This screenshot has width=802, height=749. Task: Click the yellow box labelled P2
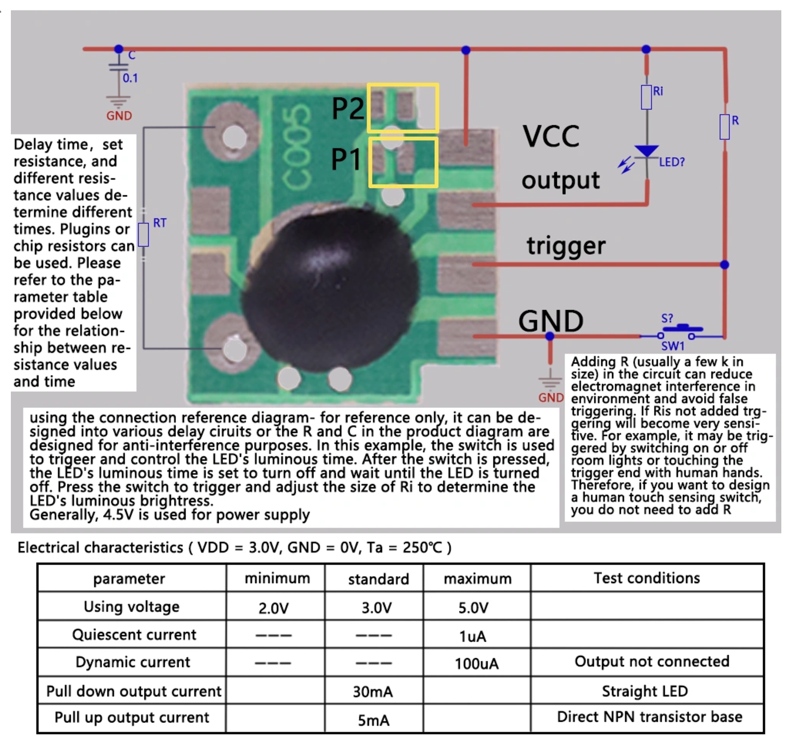pos(403,108)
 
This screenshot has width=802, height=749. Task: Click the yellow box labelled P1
pos(403,162)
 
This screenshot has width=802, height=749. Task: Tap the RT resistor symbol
pos(144,234)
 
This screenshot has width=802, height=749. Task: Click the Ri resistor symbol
pos(646,97)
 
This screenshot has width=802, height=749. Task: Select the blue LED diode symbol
pos(646,152)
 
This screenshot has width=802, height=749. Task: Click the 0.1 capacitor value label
pos(130,78)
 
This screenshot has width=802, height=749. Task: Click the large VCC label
pos(551,136)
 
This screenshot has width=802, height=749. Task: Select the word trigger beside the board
pos(566,246)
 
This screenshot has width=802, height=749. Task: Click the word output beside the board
pos(560,181)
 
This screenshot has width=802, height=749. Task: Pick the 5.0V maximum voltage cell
pos(473,608)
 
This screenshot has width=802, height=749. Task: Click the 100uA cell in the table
pos(477,664)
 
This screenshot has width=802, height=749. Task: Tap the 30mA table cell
pos(373,692)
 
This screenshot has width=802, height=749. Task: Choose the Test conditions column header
pos(646,578)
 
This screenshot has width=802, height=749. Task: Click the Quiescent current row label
pos(134,635)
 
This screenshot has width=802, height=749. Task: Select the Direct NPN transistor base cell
pos(649,717)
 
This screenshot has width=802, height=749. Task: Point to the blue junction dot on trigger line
pos(724,265)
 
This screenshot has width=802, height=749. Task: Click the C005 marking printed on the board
pos(297,147)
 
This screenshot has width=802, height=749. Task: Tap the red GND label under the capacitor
pos(119,116)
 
